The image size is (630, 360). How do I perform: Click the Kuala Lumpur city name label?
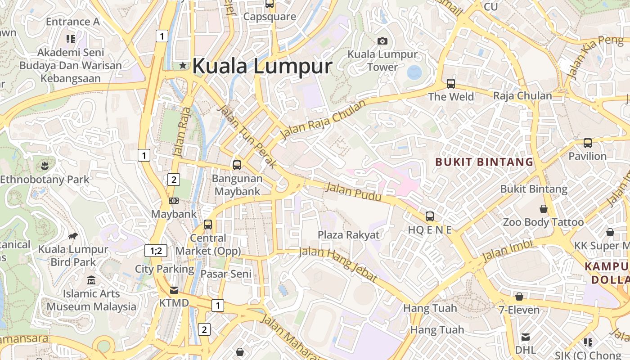click(262, 66)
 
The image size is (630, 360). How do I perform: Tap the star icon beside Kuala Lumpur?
click(183, 66)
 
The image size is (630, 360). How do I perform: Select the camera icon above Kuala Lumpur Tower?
click(382, 41)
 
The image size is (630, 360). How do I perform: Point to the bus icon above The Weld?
click(450, 84)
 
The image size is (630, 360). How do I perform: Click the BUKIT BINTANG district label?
click(484, 162)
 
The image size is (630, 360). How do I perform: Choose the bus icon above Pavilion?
click(587, 143)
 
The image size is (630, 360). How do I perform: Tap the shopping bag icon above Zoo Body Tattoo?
click(544, 209)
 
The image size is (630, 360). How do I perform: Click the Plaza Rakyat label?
click(349, 235)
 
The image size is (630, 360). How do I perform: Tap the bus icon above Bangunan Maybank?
click(237, 165)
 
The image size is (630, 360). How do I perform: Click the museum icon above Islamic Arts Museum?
click(92, 280)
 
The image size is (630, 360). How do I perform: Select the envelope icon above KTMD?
click(174, 290)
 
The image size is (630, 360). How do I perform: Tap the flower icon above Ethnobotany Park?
click(45, 166)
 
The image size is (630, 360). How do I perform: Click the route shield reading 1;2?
click(156, 251)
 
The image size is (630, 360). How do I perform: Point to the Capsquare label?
click(270, 17)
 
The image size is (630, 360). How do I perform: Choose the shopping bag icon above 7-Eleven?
click(519, 297)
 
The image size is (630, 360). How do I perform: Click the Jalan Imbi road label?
click(507, 251)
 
